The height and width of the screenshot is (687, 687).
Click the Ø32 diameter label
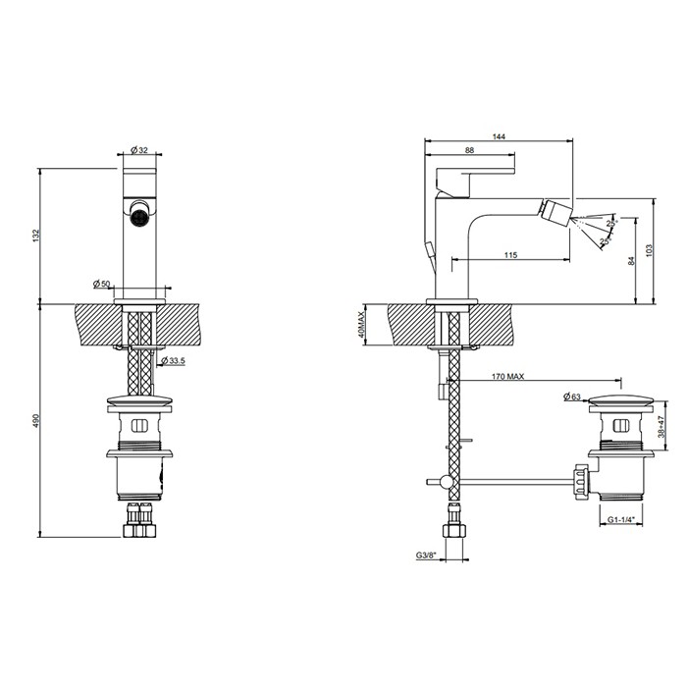click(x=138, y=150)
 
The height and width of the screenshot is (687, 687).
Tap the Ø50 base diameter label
click(x=101, y=284)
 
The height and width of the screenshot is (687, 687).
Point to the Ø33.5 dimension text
click(x=173, y=361)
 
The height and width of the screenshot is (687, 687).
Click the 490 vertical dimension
click(x=36, y=420)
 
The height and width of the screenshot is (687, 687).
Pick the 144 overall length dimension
click(x=500, y=136)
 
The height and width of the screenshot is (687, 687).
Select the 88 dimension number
click(x=470, y=149)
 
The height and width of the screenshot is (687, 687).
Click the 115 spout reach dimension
click(x=510, y=255)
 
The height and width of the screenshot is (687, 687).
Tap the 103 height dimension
click(x=649, y=251)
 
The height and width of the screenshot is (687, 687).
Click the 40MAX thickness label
click(x=362, y=322)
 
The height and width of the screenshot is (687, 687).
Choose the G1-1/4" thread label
click(x=621, y=520)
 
